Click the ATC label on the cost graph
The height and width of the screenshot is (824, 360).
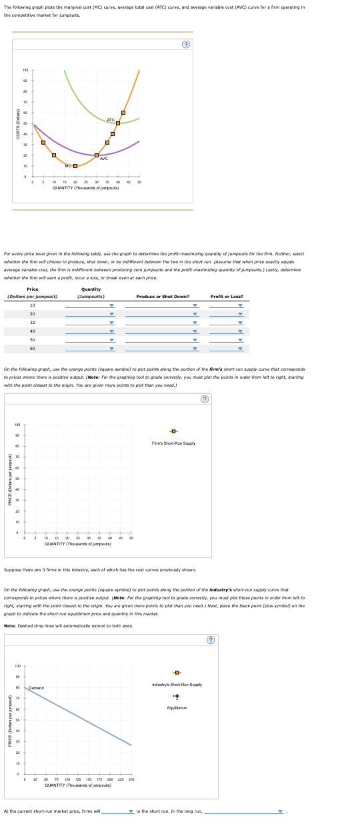pyautogui.click(x=111, y=119)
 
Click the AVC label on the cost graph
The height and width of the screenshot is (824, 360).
pyautogui.click(x=103, y=159)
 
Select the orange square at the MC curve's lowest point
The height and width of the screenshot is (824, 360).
pyautogui.click(x=75, y=165)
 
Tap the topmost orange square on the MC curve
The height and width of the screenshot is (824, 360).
pyautogui.click(x=123, y=112)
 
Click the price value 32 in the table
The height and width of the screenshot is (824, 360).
pyautogui.click(x=32, y=323)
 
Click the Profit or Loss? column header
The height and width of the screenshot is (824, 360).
pyautogui.click(x=227, y=296)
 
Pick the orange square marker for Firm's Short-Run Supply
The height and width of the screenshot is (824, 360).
pyautogui.click(x=173, y=431)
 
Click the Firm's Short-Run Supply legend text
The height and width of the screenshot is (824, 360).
pyautogui.click(x=173, y=443)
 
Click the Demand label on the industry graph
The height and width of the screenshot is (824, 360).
pyautogui.click(x=36, y=669)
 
